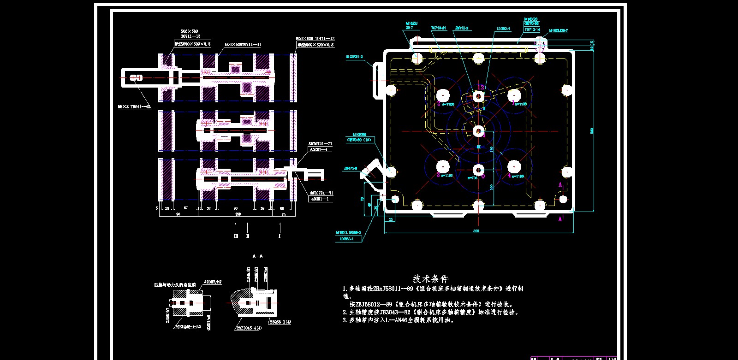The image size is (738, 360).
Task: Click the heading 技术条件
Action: point(430,279)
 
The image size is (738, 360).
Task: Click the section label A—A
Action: point(257,256)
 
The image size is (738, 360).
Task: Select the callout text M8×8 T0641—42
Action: point(134,106)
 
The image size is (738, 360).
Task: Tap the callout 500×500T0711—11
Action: point(243,45)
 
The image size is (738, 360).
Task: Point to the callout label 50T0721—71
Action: point(321,144)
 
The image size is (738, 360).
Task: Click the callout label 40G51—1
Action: point(319,199)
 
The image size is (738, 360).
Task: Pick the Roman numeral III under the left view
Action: point(236,236)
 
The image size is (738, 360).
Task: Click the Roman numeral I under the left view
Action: point(280,236)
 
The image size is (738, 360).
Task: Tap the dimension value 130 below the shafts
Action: point(238,214)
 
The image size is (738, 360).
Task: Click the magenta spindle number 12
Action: point(481,87)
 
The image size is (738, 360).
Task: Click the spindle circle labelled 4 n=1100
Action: point(513,166)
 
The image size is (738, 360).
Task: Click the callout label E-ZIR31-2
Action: point(354,57)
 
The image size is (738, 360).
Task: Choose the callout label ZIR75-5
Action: point(351,169)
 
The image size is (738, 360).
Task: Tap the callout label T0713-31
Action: point(439,28)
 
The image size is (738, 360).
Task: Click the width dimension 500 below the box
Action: point(476,230)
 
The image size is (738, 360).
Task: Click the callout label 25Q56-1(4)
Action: point(280,322)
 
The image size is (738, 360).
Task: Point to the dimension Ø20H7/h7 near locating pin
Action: point(213,282)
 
